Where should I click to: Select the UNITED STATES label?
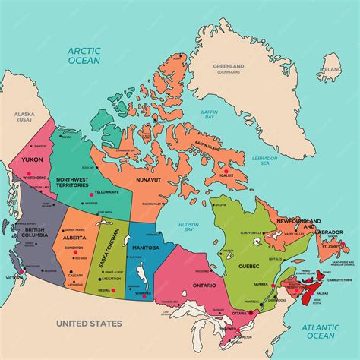(89, 324)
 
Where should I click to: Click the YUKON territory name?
(31, 160)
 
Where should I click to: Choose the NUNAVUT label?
(149, 180)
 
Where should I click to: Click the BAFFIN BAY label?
(210, 115)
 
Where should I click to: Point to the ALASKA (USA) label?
(25, 117)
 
